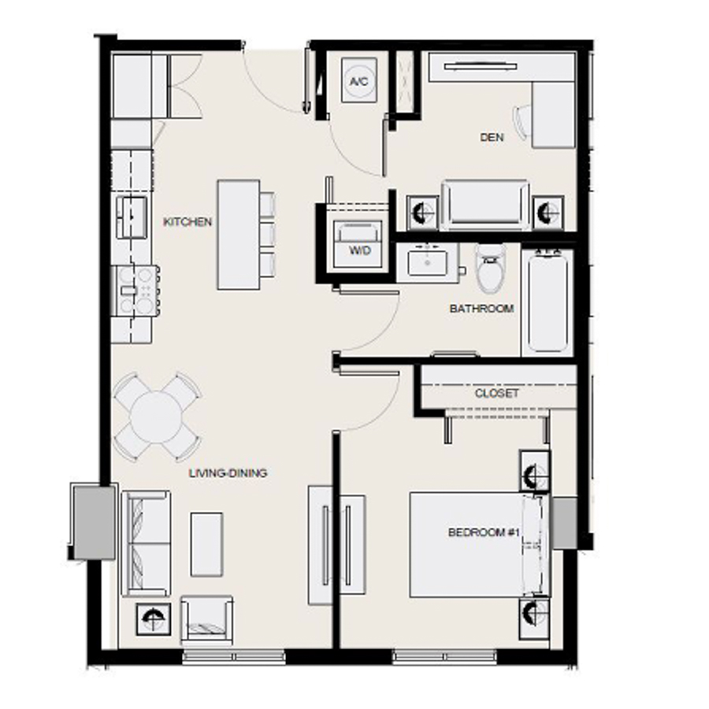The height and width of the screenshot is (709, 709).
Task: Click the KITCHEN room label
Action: (187, 222)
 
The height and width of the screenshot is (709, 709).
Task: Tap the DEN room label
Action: (492, 138)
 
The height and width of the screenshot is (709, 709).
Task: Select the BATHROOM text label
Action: (481, 309)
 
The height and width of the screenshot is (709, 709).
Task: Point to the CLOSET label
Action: (497, 393)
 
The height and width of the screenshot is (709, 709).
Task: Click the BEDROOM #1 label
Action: (481, 533)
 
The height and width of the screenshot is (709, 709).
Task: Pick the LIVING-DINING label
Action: (228, 473)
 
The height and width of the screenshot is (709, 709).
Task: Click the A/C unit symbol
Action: (359, 82)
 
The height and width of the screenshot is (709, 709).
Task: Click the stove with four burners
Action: (135, 289)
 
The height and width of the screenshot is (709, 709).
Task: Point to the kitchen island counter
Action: (238, 235)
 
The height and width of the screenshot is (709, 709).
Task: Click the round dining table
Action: (157, 417)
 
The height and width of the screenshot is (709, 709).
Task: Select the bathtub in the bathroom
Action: (548, 301)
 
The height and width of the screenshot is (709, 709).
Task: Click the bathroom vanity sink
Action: (429, 261)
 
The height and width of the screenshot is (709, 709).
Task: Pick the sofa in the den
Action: (485, 205)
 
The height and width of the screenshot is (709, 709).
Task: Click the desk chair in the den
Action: (523, 124)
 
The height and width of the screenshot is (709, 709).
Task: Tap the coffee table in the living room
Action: (206, 543)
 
